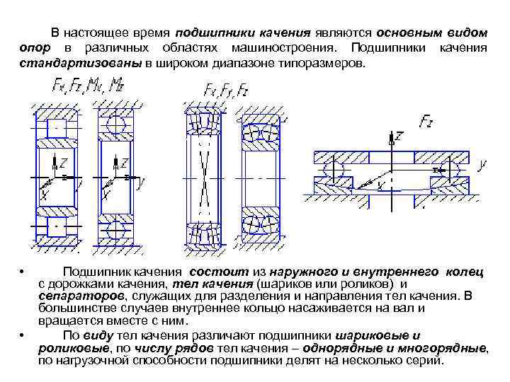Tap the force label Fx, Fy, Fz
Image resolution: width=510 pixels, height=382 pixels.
pyautogui.click(x=225, y=90)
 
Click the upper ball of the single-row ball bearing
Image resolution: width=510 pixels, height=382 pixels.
pyautogui.click(x=115, y=122)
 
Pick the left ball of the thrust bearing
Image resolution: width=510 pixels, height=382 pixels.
pyautogui.click(x=331, y=170)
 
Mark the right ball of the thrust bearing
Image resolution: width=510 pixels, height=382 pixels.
pyautogui.click(x=453, y=170)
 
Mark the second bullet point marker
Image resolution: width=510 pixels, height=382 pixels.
pyautogui.click(x=23, y=335)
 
